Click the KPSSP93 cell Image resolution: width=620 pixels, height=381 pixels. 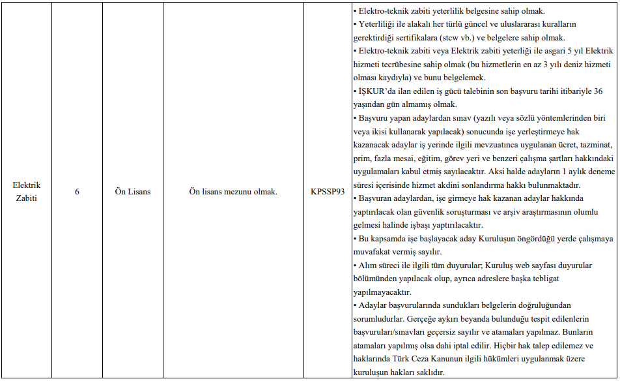point(328,192)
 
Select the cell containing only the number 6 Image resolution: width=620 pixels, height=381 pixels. point(77,192)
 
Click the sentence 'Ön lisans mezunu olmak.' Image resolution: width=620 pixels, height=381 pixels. point(233,192)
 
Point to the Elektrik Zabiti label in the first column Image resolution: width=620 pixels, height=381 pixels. point(26,192)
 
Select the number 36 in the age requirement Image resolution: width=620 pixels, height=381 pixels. point(598,91)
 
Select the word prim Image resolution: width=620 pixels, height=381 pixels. point(361,159)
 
